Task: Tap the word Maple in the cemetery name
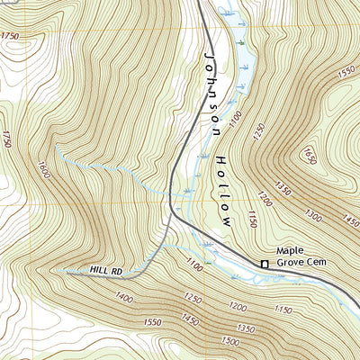click(x=291, y=251)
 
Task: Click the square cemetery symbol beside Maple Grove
click(x=265, y=264)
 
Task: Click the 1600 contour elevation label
click(x=42, y=167)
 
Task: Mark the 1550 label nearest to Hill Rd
click(x=151, y=321)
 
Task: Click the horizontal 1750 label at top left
click(x=10, y=35)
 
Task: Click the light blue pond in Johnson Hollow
click(x=241, y=54)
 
